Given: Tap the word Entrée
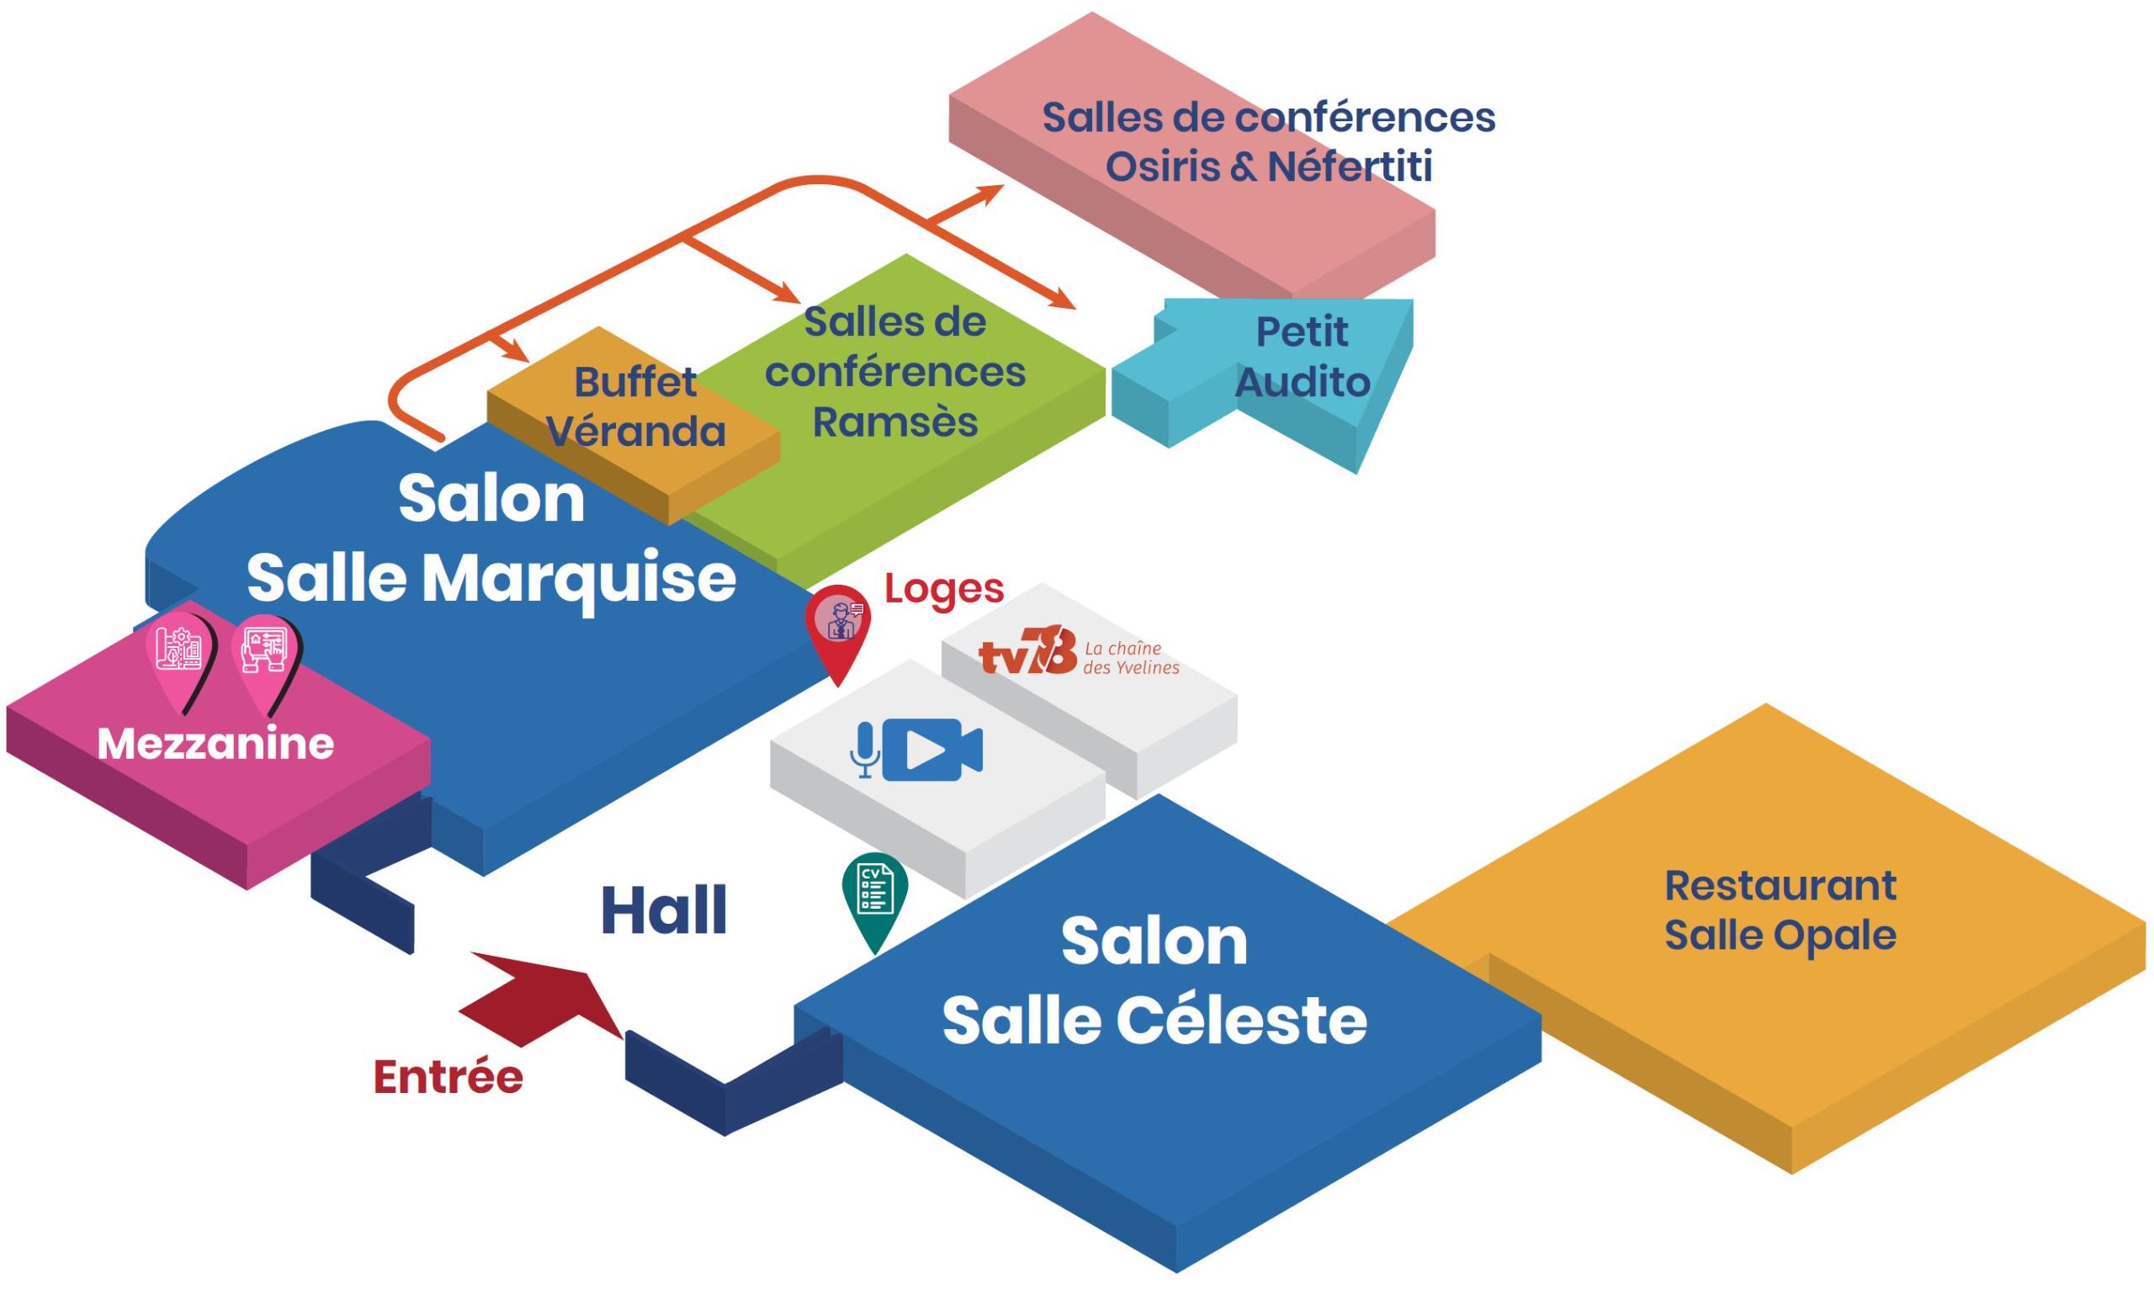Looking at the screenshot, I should pyautogui.click(x=448, y=1078).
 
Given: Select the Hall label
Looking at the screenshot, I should pyautogui.click(x=664, y=911).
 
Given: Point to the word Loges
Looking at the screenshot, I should pyautogui.click(x=944, y=589).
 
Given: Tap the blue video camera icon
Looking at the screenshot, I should pyautogui.click(x=932, y=750).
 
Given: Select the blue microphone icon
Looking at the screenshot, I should pyautogui.click(x=864, y=750).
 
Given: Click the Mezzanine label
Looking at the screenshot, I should pyautogui.click(x=215, y=745).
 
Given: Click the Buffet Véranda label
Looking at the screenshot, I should pyautogui.click(x=636, y=406).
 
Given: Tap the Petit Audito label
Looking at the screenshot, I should pyautogui.click(x=1302, y=357).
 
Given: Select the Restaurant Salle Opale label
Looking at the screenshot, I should pyautogui.click(x=1780, y=910).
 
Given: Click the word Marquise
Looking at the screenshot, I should pyautogui.click(x=580, y=579).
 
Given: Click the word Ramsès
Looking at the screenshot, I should pyautogui.click(x=894, y=423).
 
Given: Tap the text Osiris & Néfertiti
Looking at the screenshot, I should pyautogui.click(x=1268, y=167).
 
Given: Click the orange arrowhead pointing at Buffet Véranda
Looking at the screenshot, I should pyautogui.click(x=517, y=353).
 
